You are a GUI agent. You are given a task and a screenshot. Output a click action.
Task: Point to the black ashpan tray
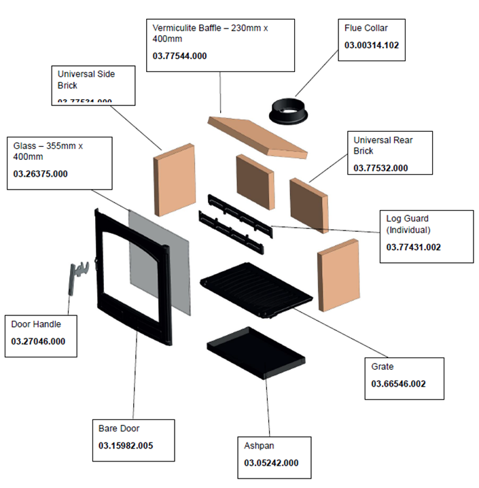[x=255, y=353]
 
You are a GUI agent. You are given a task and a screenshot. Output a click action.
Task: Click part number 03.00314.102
[x=372, y=46]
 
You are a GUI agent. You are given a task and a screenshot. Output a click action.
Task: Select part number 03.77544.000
[x=179, y=56]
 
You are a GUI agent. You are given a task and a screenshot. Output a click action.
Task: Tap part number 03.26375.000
[x=41, y=174]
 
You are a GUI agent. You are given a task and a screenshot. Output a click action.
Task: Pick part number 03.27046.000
[x=39, y=341]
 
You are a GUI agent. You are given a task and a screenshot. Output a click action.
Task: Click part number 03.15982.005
[x=126, y=446]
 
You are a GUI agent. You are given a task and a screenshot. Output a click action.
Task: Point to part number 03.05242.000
[x=271, y=463]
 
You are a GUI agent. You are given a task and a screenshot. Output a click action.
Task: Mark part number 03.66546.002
[x=398, y=384]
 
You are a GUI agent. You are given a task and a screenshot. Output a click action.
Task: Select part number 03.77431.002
[x=413, y=247]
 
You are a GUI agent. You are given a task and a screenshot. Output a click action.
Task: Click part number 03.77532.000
[x=380, y=168]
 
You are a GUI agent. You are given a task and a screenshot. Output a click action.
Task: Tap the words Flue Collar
[x=366, y=29]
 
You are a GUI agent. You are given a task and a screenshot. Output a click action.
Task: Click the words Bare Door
[x=119, y=429]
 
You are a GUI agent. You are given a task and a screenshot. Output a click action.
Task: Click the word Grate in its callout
[x=383, y=367]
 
